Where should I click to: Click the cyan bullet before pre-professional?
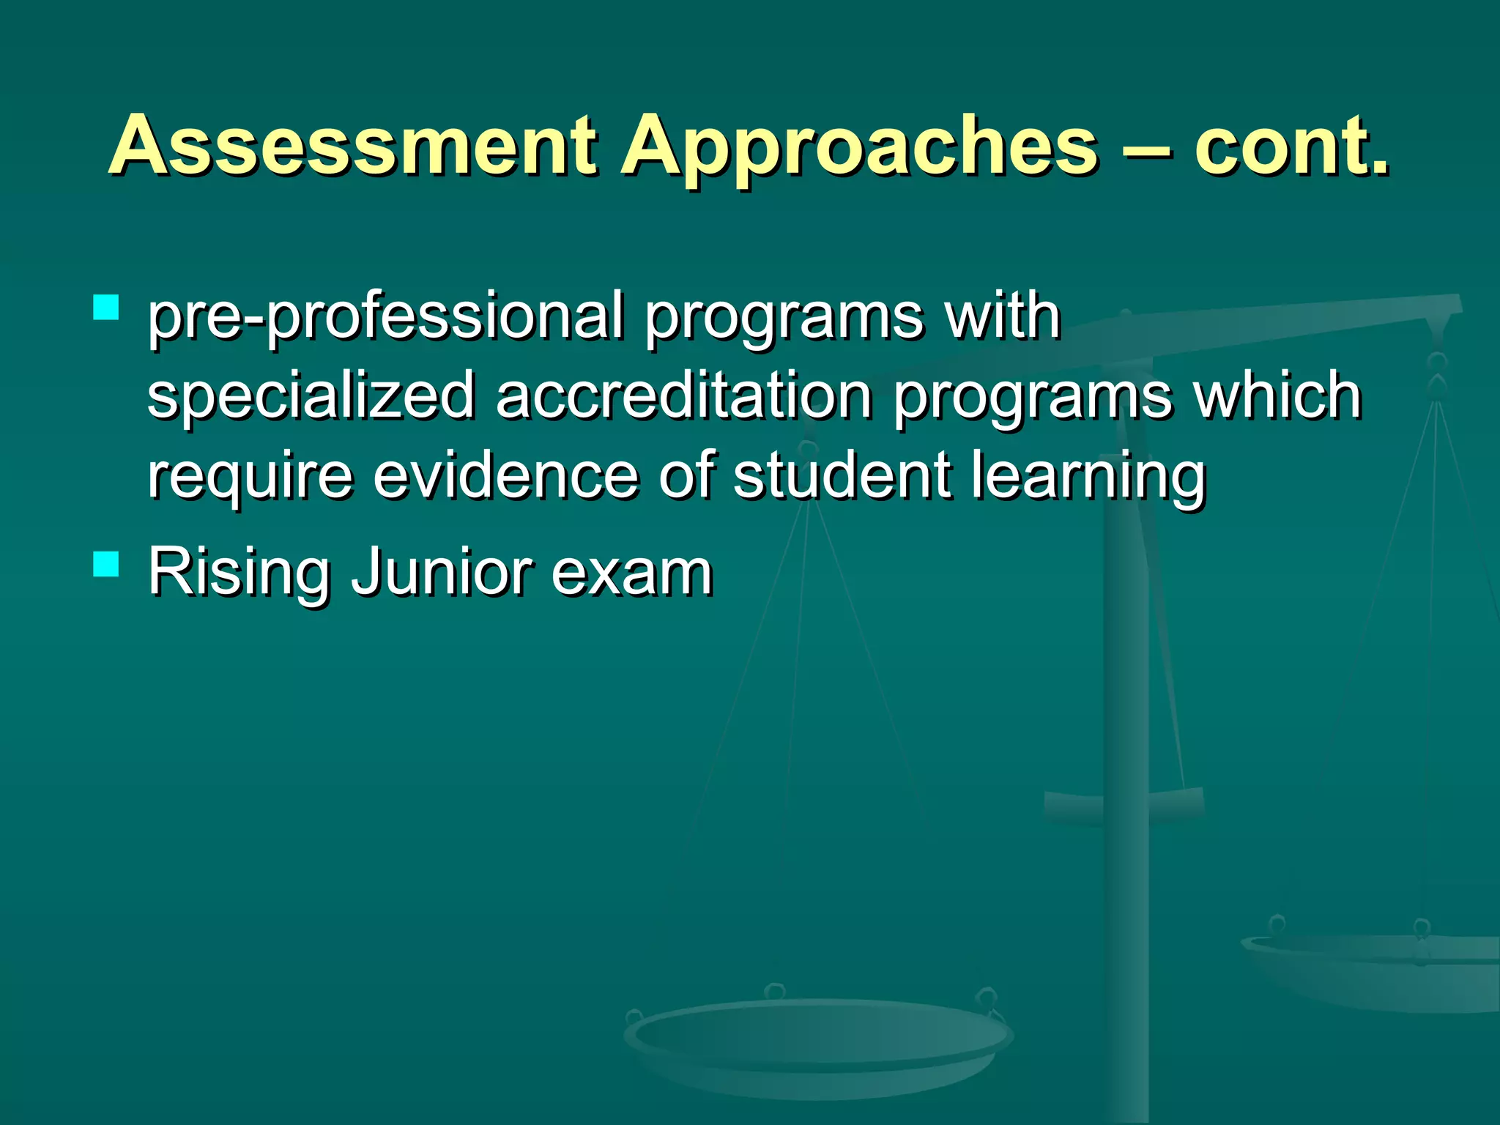coord(106,308)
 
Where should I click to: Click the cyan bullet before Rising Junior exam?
coord(106,564)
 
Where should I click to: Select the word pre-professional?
coord(385,318)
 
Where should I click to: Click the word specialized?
coord(311,397)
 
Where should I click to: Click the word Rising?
coord(239,573)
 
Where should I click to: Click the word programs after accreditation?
coord(1033,398)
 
